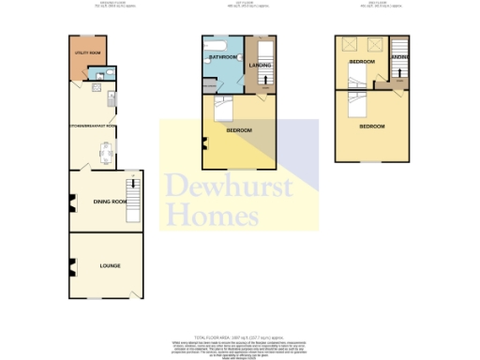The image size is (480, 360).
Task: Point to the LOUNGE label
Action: point(111,267)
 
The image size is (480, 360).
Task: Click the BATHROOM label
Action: point(222,56)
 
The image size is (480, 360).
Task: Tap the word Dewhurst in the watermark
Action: point(229,187)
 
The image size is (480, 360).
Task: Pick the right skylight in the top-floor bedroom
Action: point(375,43)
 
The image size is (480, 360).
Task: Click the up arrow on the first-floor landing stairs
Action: point(264,82)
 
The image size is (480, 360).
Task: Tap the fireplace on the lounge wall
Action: point(70,267)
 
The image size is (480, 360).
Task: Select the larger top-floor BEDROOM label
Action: point(372,127)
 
